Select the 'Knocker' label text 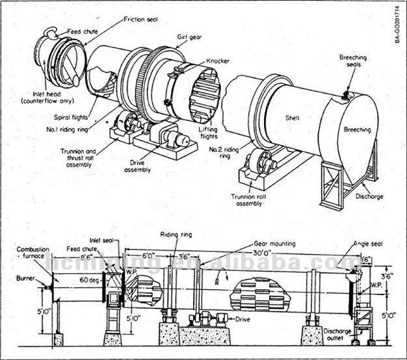pos(217,60)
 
